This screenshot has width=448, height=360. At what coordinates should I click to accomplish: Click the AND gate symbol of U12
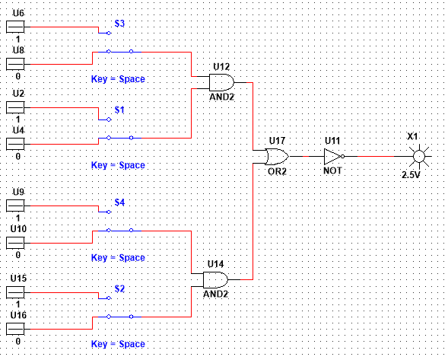(x=221, y=83)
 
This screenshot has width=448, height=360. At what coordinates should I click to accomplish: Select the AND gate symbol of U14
(x=215, y=279)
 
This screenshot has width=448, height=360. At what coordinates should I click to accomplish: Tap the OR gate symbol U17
(x=277, y=157)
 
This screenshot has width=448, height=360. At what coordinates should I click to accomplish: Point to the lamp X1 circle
(x=419, y=157)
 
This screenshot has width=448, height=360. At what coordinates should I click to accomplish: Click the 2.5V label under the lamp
(x=411, y=174)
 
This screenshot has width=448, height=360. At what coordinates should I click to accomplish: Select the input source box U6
(x=15, y=27)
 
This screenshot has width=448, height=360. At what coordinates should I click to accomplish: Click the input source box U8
(x=15, y=64)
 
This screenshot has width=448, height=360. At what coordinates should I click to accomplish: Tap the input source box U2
(x=15, y=107)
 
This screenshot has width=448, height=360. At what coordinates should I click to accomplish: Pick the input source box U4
(x=15, y=144)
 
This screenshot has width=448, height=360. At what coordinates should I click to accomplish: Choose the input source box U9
(x=15, y=205)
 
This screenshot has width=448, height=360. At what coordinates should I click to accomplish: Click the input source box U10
(x=15, y=243)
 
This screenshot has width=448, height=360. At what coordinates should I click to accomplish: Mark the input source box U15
(x=15, y=292)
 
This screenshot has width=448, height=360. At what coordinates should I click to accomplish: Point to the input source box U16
(x=15, y=329)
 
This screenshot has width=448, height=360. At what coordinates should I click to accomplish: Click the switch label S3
(x=119, y=24)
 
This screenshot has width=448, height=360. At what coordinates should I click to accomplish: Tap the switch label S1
(x=119, y=110)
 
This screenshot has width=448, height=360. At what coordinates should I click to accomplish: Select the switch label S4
(x=119, y=202)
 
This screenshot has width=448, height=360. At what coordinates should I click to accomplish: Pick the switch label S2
(x=119, y=288)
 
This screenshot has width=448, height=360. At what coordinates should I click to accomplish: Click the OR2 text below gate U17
(x=277, y=171)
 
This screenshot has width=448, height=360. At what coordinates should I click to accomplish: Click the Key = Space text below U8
(x=118, y=79)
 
